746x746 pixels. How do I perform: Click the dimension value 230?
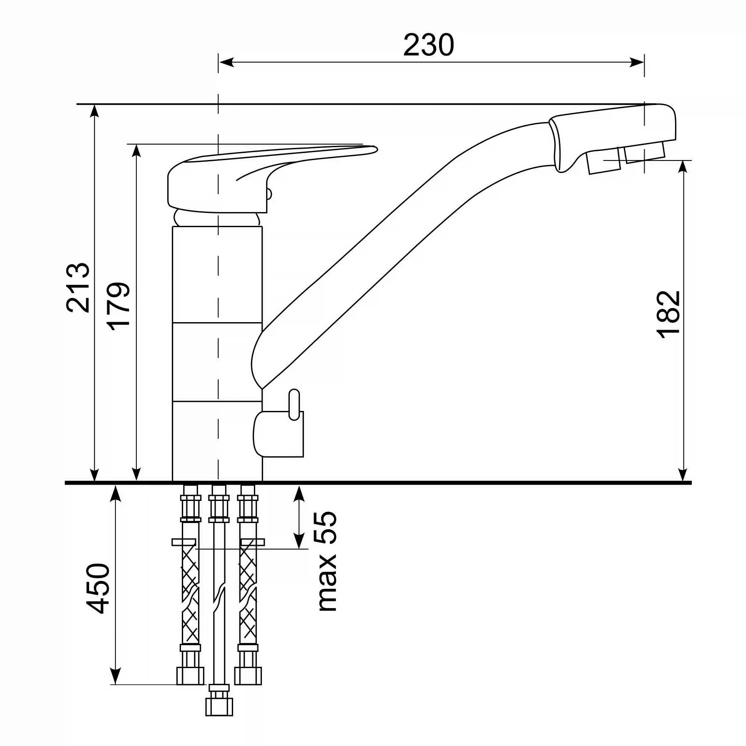[x=428, y=45]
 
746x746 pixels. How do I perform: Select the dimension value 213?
[x=78, y=288]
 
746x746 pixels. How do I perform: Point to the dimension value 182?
[x=668, y=314]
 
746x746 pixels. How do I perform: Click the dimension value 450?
[x=98, y=588]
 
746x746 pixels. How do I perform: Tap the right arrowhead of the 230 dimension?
[x=636, y=63]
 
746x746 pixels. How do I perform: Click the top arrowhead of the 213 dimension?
[x=95, y=113]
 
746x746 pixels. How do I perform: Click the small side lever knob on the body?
[x=294, y=405]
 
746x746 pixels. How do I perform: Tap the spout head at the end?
[x=613, y=137]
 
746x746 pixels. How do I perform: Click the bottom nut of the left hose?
[x=190, y=676]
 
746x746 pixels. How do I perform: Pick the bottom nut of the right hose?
[x=248, y=676]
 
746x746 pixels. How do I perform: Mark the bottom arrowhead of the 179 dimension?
[x=136, y=473]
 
